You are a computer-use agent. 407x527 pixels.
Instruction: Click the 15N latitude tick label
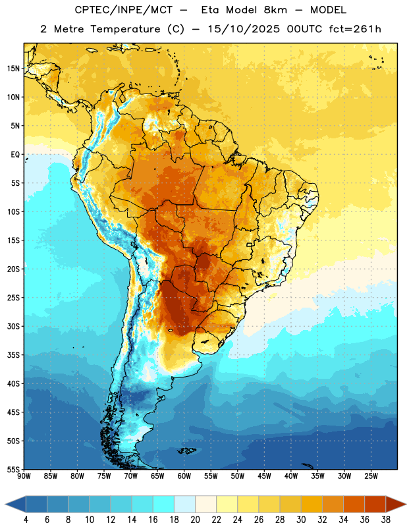pyautogui.click(x=13, y=69)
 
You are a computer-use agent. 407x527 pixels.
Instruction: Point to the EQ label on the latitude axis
pyautogui.click(x=15, y=155)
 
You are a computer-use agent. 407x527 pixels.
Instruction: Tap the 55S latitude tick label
pyautogui.click(x=13, y=469)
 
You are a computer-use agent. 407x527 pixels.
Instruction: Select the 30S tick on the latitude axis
pyautogui.click(x=13, y=326)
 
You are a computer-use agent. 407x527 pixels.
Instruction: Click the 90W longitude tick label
pyautogui.click(x=24, y=476)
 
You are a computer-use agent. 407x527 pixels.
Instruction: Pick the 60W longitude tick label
pyautogui.click(x=184, y=476)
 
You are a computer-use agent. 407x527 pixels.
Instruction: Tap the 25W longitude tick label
pyautogui.click(x=371, y=476)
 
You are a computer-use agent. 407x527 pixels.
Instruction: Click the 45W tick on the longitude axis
pyautogui.click(x=264, y=476)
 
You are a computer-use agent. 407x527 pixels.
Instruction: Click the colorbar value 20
pyautogui.click(x=195, y=520)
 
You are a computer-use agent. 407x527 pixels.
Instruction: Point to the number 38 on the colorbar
pyautogui.click(x=386, y=520)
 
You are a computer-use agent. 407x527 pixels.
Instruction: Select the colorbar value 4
pyautogui.click(x=26, y=520)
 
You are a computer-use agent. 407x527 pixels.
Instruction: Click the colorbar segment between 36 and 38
pyautogui.click(x=375, y=505)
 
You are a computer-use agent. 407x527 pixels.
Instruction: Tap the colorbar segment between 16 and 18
pyautogui.click(x=163, y=505)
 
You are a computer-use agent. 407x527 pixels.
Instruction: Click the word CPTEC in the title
pyautogui.click(x=86, y=10)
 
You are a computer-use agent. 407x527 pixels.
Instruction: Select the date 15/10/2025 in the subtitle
pyautogui.click(x=244, y=29)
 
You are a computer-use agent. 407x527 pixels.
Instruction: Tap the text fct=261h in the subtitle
pyautogui.click(x=355, y=29)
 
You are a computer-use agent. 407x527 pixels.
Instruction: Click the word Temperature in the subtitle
pyautogui.click(x=125, y=30)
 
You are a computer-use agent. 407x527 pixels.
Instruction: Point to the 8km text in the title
pyautogui.click(x=275, y=10)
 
